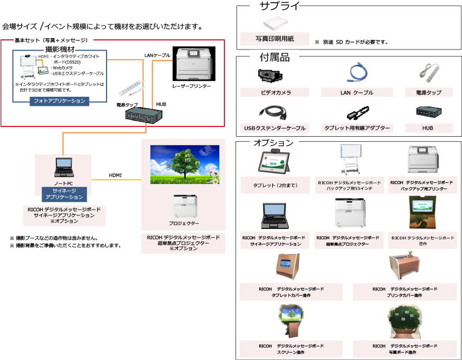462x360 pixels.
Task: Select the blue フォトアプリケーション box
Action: (x=59, y=101)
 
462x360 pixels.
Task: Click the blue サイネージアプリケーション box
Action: (x=64, y=194)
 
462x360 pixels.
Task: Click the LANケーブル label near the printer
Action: (x=157, y=55)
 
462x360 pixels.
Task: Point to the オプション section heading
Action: (x=273, y=142)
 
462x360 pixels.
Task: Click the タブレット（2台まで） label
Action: (x=275, y=186)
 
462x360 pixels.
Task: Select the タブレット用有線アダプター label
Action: (x=356, y=128)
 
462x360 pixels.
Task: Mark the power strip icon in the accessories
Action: (x=428, y=73)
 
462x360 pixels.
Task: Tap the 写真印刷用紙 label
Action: (x=275, y=39)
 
